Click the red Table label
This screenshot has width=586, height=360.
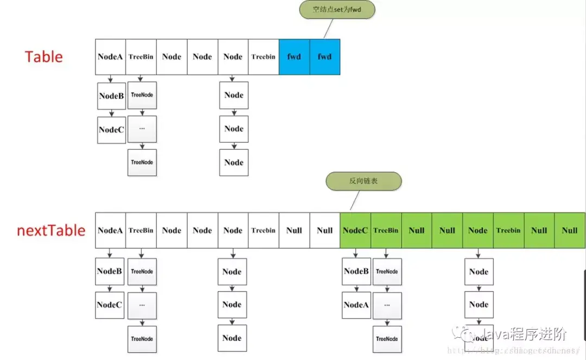point(43,56)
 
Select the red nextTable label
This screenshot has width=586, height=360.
point(51,230)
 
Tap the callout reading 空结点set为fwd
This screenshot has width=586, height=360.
point(337,10)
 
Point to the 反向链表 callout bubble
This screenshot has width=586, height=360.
point(364,181)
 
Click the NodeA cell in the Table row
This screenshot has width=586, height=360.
point(110,56)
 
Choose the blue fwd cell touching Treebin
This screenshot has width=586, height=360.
point(294,56)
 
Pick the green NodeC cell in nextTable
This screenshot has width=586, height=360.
point(355,230)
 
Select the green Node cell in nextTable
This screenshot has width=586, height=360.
point(478,230)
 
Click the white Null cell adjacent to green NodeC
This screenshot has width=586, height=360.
point(324,230)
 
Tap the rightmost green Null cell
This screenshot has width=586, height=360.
point(570,230)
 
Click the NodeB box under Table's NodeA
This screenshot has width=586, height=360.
point(111,96)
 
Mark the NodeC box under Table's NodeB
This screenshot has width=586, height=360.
point(111,130)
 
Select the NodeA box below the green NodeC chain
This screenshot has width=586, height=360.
point(356,305)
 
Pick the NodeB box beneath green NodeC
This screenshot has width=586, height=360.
point(356,271)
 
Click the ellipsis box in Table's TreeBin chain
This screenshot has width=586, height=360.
point(142,129)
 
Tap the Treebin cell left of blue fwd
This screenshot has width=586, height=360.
point(263,56)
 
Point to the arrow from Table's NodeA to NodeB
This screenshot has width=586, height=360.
point(111,79)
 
